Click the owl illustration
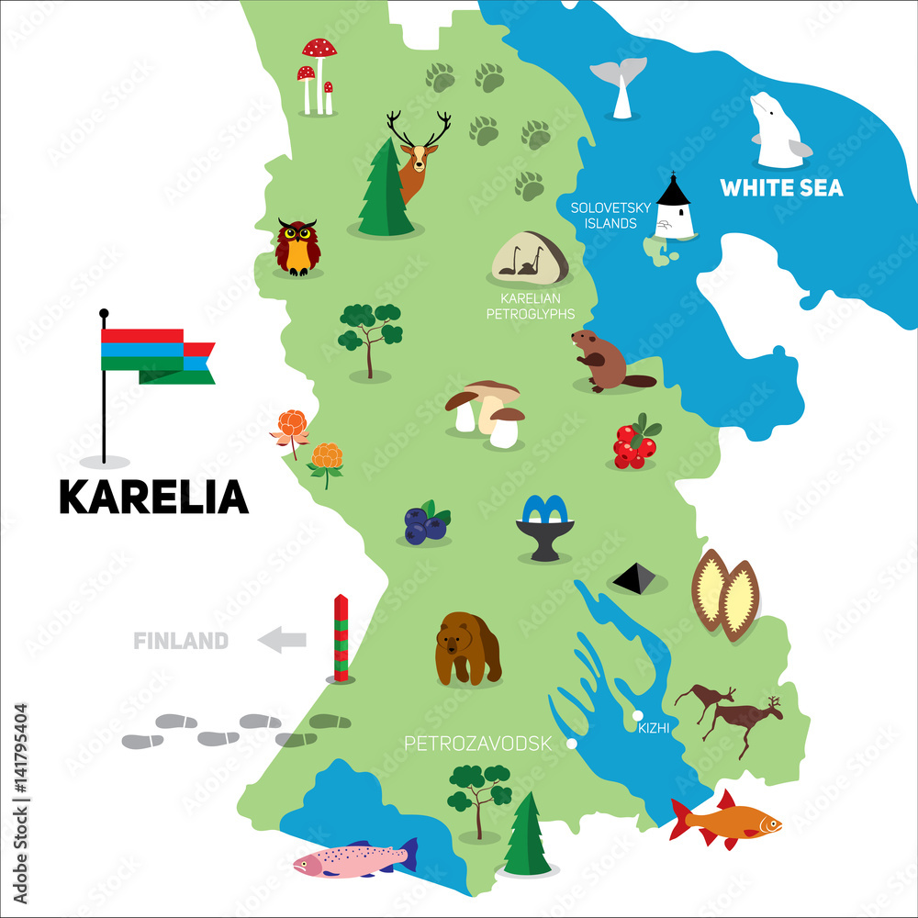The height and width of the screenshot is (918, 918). (297, 247)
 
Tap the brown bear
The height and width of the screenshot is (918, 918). (467, 648)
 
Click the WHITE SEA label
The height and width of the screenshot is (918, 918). (781, 188)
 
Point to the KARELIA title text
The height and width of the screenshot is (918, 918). (153, 497)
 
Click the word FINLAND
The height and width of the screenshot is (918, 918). (181, 641)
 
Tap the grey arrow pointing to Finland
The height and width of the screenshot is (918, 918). (282, 640)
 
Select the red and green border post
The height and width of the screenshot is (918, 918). (341, 638)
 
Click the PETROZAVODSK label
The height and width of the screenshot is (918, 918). (477, 744)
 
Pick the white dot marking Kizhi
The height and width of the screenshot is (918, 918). (636, 715)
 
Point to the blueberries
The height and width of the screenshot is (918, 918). (426, 524)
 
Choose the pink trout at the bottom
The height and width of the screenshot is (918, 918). (353, 859)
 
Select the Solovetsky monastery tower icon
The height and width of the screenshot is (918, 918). (673, 208)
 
